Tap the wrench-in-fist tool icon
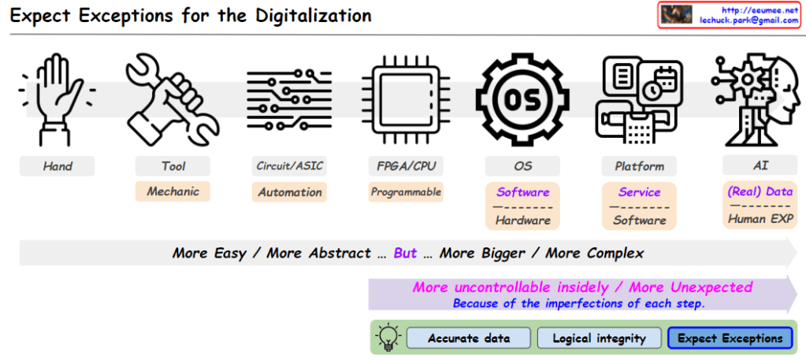[172, 99]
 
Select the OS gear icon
[522, 99]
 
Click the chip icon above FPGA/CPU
[405, 99]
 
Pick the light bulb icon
[388, 338]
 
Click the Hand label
[58, 166]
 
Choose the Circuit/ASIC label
[290, 166]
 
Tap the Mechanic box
[173, 191]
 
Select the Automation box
[290, 192]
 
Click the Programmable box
[406, 192]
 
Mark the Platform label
[639, 166]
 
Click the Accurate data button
[469, 338]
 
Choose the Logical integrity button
[599, 338]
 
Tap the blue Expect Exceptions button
[730, 338]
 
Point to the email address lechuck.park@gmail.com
[749, 20]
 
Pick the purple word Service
[639, 192]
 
